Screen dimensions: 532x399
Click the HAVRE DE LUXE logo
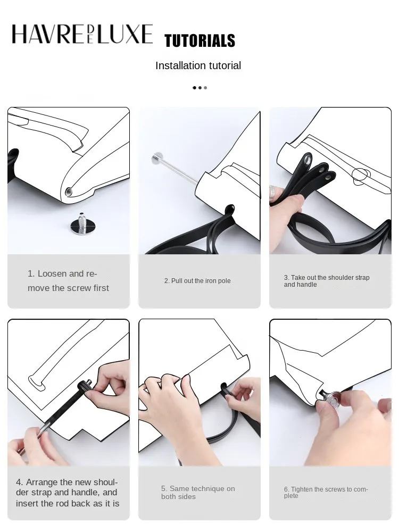82,35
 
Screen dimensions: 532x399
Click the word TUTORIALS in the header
199,41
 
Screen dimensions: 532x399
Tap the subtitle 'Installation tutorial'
198,65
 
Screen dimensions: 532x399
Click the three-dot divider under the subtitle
199,87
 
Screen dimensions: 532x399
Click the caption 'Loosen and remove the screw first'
68,281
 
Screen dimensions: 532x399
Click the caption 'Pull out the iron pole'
197,281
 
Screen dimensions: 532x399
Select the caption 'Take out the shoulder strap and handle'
327,281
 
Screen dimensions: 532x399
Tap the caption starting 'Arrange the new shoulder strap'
68,493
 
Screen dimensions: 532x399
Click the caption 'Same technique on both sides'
198,493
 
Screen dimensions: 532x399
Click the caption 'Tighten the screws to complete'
326,493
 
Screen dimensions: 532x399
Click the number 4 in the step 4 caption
19,482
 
